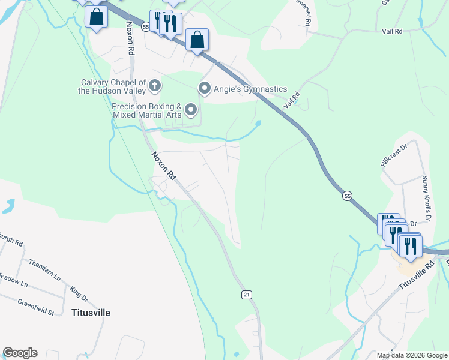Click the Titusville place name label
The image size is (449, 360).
[x=91, y=313]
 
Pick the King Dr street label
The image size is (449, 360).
[x=79, y=293]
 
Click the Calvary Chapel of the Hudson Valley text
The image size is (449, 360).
[x=112, y=86]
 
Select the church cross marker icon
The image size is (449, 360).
[x=155, y=86]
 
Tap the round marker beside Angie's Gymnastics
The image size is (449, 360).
[x=205, y=89]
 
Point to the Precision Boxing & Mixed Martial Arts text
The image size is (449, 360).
[x=146, y=110]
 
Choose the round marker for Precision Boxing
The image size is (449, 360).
[x=191, y=109]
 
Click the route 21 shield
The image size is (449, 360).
[x=247, y=295]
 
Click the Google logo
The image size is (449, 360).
[x=20, y=353]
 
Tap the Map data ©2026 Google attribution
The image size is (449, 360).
[x=411, y=355]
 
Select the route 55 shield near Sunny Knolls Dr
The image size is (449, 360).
[x=347, y=196]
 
